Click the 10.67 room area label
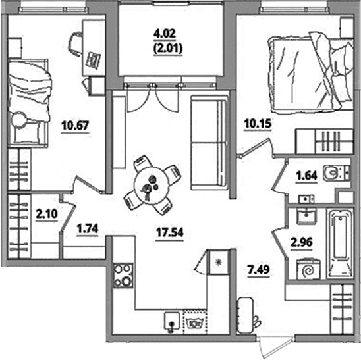point(75,126)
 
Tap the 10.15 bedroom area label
point(258,124)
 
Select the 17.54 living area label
point(170,232)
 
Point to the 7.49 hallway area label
point(258,269)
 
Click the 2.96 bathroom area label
point(302,242)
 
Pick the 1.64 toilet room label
point(306,176)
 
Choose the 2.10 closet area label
point(47,214)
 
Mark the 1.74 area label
point(88,228)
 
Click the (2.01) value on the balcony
point(168,49)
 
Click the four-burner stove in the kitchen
point(123,276)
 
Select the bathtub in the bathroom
point(341,243)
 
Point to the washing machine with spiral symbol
point(308,270)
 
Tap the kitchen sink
point(172,321)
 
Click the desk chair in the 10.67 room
point(76,44)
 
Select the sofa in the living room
point(209,143)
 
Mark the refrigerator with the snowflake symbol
point(217,262)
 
